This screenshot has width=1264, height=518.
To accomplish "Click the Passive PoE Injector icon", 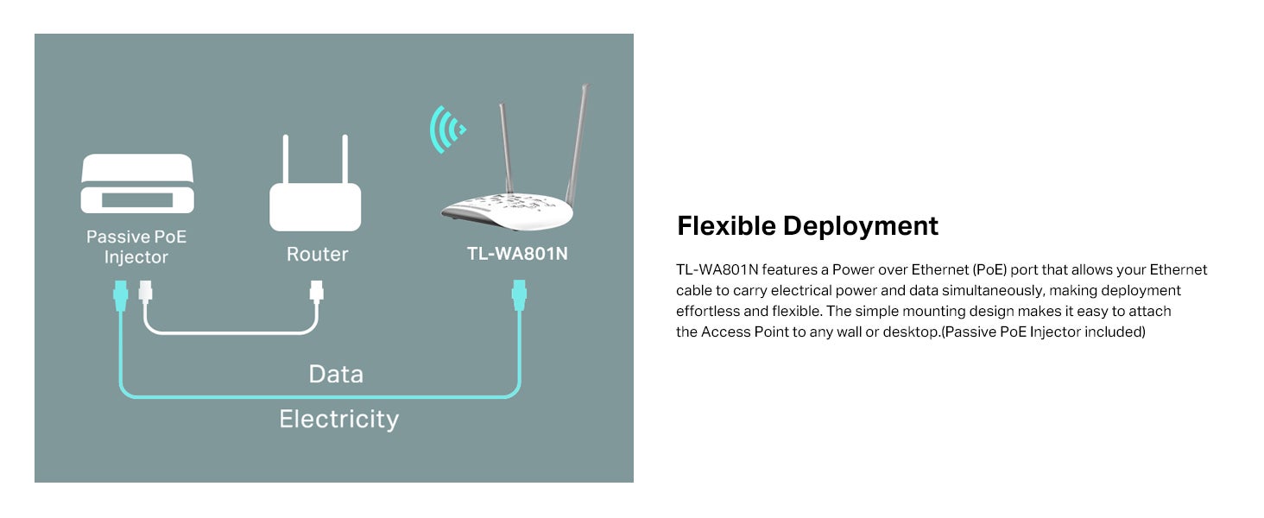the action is (137, 183).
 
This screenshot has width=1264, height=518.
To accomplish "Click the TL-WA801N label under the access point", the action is (517, 254).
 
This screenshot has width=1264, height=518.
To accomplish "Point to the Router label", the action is (317, 254).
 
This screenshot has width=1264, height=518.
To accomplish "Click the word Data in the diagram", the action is (336, 374).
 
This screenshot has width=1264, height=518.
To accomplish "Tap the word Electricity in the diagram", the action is (339, 420).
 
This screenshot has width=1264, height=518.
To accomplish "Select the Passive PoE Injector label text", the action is (136, 247).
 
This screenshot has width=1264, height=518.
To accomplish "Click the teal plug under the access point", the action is (519, 295).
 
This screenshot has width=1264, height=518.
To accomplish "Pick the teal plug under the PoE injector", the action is (121, 295).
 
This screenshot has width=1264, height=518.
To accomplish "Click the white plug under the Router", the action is (317, 292).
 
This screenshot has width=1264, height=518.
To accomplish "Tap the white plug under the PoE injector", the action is (146, 292).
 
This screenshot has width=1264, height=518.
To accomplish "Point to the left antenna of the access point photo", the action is (506, 148).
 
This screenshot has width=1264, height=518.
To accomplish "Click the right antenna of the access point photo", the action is (578, 144).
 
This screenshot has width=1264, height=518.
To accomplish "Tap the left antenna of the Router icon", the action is (286, 159).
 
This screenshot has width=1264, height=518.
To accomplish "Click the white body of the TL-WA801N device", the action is (507, 211).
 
